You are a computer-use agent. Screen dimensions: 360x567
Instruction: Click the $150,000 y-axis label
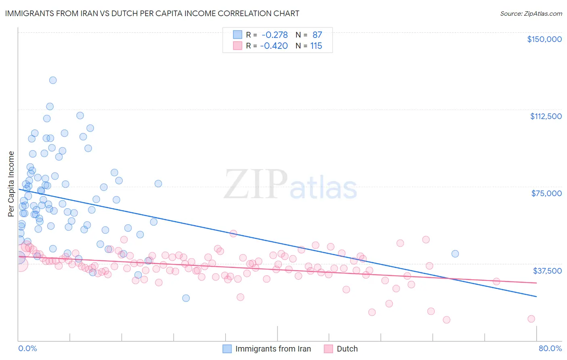544,39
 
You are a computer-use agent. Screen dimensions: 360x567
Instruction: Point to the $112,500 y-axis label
546,116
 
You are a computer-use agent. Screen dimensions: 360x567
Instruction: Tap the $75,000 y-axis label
546,193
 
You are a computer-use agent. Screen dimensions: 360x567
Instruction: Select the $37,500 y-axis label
547,271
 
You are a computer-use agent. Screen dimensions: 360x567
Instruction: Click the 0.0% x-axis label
27,348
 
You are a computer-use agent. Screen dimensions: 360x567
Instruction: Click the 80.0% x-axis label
550,348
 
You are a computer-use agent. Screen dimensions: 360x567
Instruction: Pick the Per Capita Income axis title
11,184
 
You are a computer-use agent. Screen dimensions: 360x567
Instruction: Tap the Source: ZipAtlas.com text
531,13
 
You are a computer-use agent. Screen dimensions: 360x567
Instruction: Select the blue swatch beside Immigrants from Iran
227,349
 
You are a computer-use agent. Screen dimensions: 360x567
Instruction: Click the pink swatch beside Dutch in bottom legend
328,349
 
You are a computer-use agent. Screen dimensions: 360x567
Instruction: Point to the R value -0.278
275,35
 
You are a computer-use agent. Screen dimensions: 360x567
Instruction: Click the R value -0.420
274,46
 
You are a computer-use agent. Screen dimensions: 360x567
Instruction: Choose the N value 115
316,46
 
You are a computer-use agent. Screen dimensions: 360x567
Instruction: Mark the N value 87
317,35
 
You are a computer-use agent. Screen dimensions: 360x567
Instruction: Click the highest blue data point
53,80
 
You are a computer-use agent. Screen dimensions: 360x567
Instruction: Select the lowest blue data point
186,298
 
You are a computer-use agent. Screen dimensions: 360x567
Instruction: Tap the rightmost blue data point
455,254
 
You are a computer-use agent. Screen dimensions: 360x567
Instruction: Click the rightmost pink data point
531,319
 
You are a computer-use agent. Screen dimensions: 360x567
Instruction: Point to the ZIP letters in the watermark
256,184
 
